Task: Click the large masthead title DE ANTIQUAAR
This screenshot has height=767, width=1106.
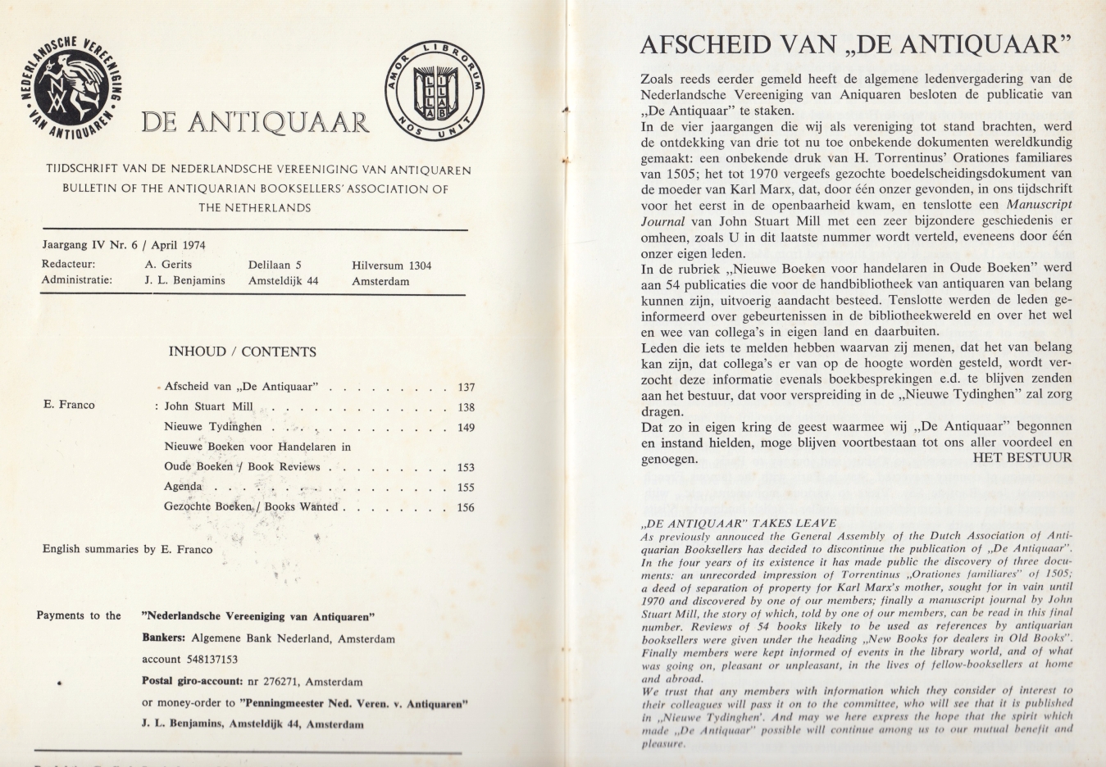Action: click(x=255, y=123)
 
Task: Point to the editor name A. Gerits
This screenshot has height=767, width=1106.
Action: click(x=168, y=265)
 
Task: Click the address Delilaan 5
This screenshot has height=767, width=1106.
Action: click(x=275, y=265)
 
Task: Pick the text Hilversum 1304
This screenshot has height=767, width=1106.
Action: click(x=391, y=265)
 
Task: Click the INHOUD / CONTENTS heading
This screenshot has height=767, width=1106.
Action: click(x=242, y=352)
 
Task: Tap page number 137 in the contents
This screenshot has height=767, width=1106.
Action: click(x=466, y=388)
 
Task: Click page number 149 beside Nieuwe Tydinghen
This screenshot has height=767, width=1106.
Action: click(x=466, y=427)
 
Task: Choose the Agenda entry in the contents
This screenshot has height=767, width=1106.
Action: click(x=183, y=486)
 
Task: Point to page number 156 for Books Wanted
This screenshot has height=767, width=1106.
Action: click(x=466, y=506)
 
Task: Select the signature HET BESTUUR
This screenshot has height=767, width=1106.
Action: click(x=1022, y=458)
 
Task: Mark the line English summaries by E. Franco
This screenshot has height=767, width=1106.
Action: click(x=127, y=549)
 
